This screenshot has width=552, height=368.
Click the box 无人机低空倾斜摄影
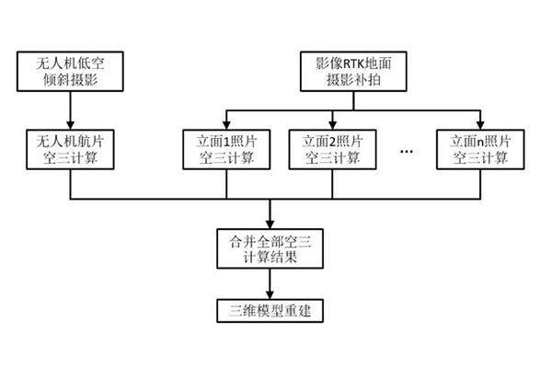[x=71, y=73]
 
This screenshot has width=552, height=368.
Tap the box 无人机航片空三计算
[x=71, y=149]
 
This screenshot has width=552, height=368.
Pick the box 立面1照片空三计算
[x=225, y=149]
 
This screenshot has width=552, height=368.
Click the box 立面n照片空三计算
[x=479, y=149]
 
